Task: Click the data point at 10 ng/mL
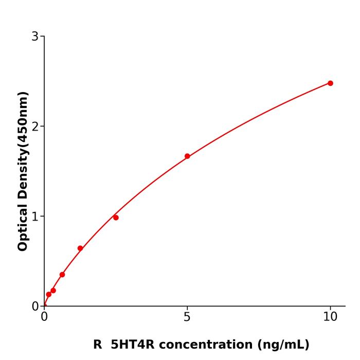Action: pos(330,83)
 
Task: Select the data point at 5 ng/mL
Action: pos(187,156)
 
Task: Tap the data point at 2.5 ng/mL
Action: pos(116,218)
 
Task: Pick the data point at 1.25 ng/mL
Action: pos(80,248)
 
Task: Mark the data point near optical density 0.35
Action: pos(62,275)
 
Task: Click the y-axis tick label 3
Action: pos(35,37)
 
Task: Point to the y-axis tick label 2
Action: pos(35,127)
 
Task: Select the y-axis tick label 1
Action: pos(35,217)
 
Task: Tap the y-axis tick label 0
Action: pos(35,307)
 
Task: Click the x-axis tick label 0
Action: pos(44,317)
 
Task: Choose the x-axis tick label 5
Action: pos(187,317)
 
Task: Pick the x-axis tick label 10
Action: pos(330,317)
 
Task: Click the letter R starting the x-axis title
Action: pos(98,345)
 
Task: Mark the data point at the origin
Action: pos(44,306)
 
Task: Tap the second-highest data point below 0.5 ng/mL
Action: pos(48,295)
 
